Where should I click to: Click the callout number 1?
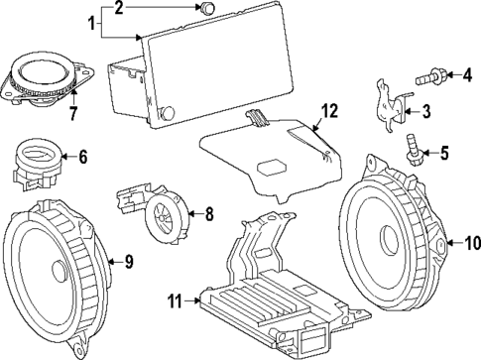(93, 21)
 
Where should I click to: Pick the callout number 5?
(443, 153)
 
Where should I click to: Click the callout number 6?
(82, 156)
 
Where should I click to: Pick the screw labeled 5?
(415, 149)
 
